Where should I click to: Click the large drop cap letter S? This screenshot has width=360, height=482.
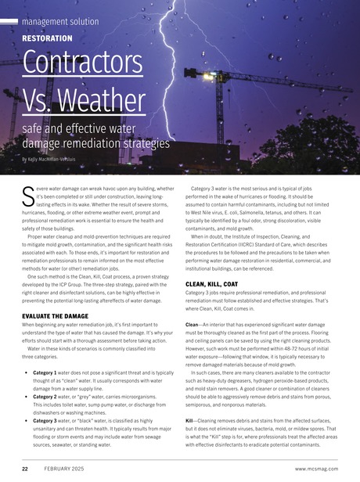(27, 194)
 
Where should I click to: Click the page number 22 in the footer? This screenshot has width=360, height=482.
(25, 469)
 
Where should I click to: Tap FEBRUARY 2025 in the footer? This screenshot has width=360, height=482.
(64, 469)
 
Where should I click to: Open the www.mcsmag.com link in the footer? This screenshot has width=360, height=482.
(313, 469)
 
